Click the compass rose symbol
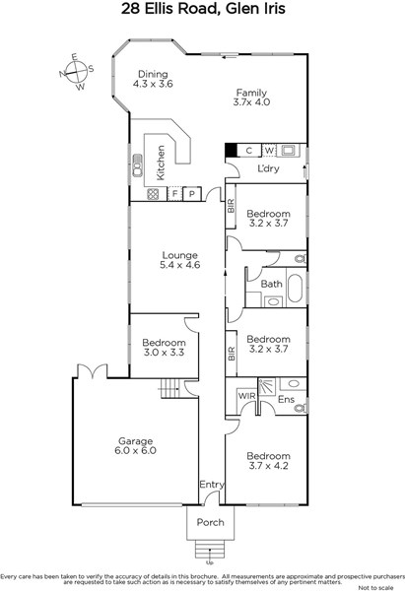(77, 72)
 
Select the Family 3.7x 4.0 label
(251, 98)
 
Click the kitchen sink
(138, 164)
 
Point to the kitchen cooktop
(153, 194)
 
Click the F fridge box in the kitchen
(174, 194)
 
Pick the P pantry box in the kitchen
(192, 194)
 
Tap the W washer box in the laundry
(269, 151)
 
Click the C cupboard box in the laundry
(249, 151)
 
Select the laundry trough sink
(289, 151)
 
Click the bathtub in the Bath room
(295, 288)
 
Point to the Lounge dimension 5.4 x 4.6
(180, 265)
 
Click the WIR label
(247, 396)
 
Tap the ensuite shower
(267, 387)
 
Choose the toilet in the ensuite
(301, 408)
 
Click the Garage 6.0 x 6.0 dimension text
(135, 450)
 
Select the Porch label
(211, 522)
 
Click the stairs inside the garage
(170, 388)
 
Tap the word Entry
(212, 485)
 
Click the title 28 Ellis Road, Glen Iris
(203, 9)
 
